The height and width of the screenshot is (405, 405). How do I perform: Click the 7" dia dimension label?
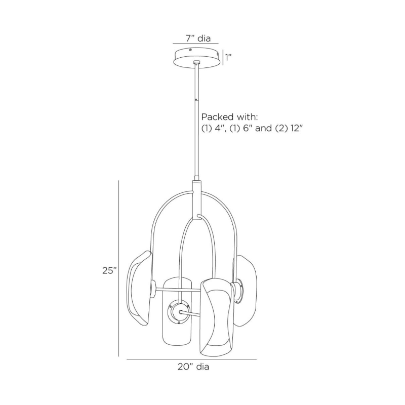(x=198, y=38)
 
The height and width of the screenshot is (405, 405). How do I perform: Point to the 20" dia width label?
(x=193, y=367)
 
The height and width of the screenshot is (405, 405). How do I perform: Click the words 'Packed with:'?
(x=230, y=117)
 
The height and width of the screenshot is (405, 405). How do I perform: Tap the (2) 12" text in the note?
(x=289, y=128)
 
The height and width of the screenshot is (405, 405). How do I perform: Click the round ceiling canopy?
(x=197, y=58)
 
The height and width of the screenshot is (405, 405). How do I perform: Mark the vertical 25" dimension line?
(x=118, y=268)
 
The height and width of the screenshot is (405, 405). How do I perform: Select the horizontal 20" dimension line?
(x=192, y=359)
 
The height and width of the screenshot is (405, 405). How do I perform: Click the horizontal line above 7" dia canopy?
(x=195, y=44)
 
